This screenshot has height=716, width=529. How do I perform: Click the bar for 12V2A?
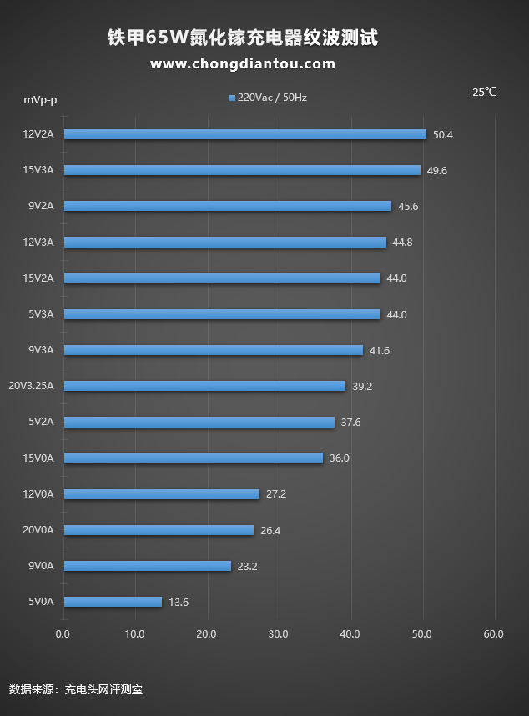click(244, 134)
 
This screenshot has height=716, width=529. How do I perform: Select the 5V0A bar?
click(113, 602)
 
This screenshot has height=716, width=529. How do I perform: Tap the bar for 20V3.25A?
click(204, 386)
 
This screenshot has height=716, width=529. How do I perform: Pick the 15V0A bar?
click(193, 458)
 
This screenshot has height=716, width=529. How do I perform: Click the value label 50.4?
click(442, 134)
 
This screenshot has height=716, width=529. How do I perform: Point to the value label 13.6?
click(179, 602)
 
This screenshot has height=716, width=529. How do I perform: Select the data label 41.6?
click(379, 350)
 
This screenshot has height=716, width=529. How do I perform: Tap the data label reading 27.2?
click(275, 494)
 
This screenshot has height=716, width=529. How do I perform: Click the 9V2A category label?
click(38, 206)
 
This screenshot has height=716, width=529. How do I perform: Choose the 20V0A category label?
click(38, 530)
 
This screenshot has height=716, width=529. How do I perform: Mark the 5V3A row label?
click(38, 314)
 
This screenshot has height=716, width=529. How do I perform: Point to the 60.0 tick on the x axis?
click(493, 634)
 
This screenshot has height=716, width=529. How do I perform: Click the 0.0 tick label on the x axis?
click(63, 634)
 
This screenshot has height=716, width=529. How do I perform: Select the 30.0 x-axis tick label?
click(279, 634)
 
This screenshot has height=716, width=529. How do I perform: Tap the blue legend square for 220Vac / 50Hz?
click(232, 98)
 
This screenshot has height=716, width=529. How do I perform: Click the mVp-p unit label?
click(40, 100)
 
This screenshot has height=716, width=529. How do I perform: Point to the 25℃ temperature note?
click(484, 93)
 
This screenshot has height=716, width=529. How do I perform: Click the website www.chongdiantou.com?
click(243, 63)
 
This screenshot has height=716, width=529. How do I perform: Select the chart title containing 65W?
click(243, 38)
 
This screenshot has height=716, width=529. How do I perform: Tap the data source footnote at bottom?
click(76, 689)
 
